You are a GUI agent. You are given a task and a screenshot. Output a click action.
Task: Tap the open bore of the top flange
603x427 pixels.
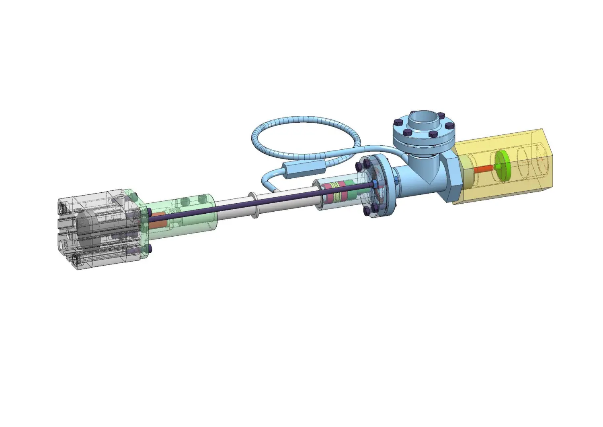[x=423, y=118]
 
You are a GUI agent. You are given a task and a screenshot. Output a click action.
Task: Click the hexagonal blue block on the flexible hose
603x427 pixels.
[x=304, y=168]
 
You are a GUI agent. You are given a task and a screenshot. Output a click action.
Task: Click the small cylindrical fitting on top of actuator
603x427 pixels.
[x=119, y=198]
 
